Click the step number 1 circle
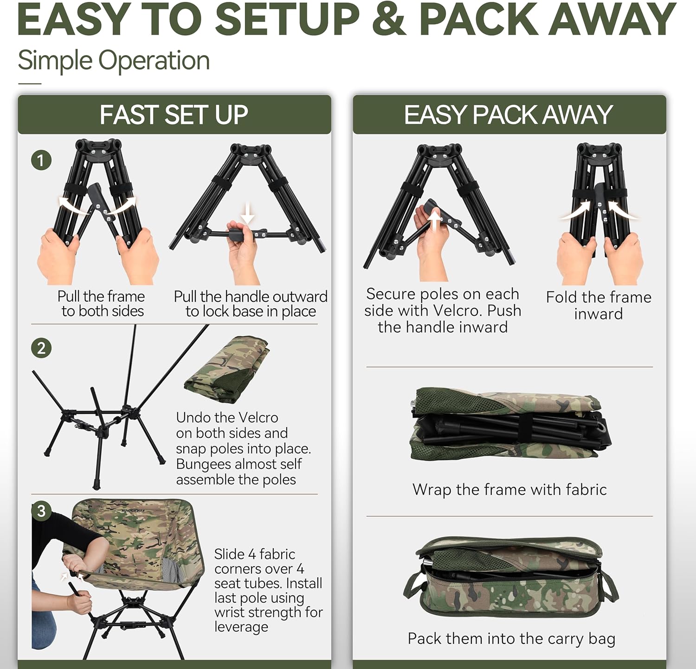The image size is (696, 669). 41,161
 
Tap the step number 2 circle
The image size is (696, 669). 41,348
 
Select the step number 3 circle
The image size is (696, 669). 41,511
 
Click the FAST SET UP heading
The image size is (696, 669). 174,115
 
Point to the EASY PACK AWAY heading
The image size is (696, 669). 509,115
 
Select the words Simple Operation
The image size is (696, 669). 114,60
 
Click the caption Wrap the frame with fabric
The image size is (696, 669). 509,489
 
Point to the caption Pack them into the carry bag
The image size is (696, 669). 511,639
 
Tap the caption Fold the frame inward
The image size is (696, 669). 599,305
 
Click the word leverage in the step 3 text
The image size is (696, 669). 241,627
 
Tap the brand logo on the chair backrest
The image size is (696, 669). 133,511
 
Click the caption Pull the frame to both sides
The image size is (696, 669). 102,304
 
